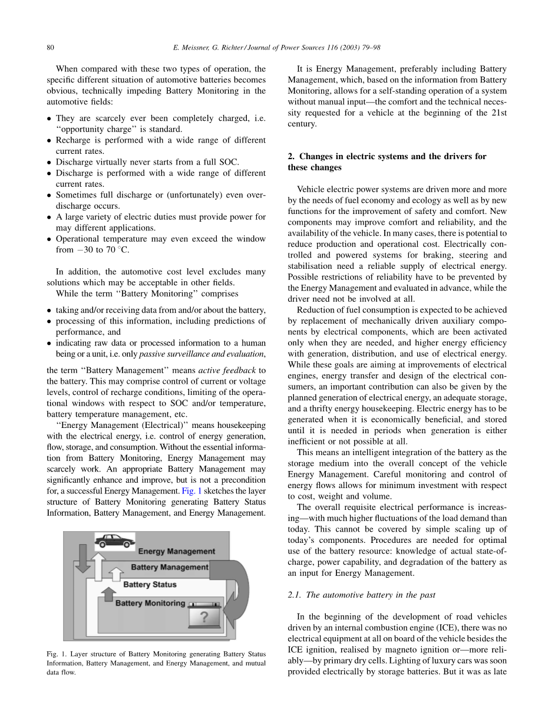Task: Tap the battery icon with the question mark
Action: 204,617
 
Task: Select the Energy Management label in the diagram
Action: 176,552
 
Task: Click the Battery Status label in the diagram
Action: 150,585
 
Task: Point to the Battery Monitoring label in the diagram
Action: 150,603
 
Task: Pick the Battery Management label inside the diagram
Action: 169,567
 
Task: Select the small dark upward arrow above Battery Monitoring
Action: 108,594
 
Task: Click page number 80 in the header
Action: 51,47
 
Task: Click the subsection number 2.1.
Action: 295,595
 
